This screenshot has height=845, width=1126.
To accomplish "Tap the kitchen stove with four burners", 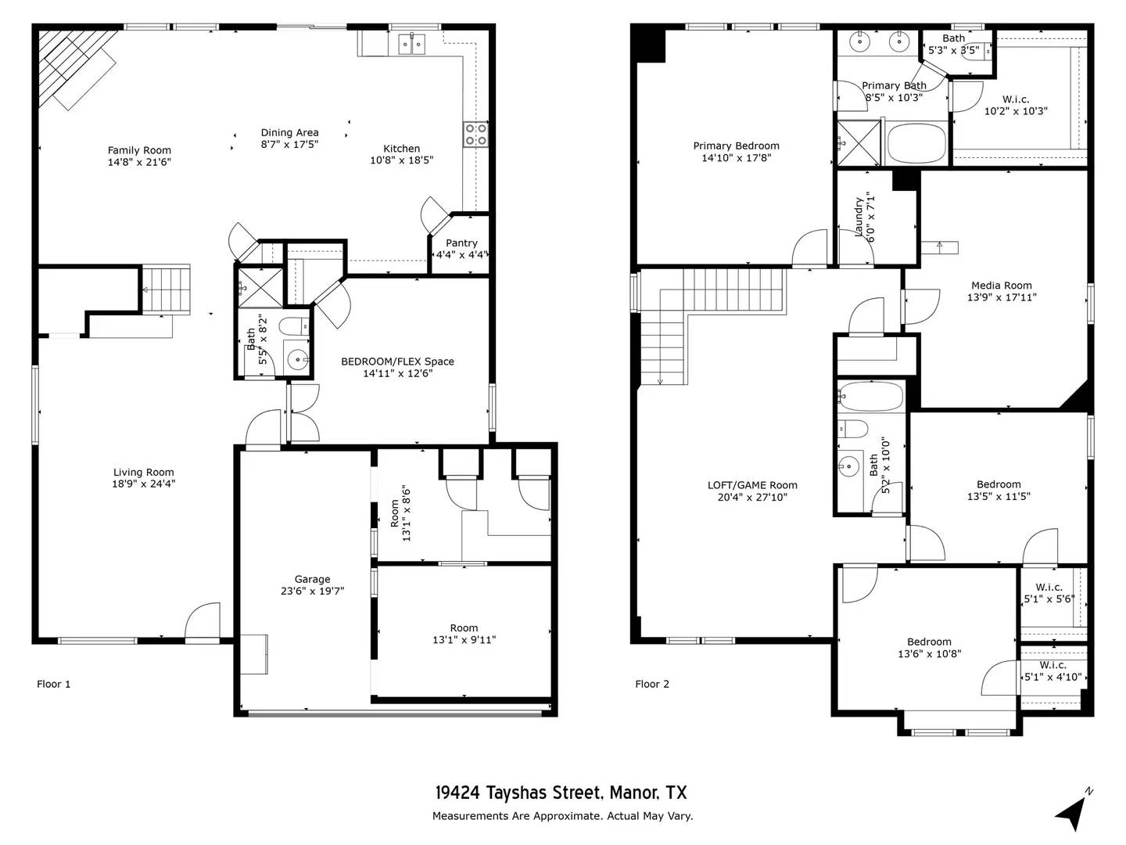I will [475, 135].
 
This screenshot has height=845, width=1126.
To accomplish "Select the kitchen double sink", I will [411, 44].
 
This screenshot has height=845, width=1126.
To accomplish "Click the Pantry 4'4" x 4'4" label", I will [461, 249].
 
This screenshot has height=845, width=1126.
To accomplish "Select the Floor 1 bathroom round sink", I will [298, 360].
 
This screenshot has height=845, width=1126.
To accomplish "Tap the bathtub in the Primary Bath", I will [916, 143].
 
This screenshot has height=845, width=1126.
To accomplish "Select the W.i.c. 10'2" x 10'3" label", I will [1015, 105].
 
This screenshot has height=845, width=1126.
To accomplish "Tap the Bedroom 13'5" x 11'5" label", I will [999, 490].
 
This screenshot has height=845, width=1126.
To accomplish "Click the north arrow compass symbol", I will [1073, 812].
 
